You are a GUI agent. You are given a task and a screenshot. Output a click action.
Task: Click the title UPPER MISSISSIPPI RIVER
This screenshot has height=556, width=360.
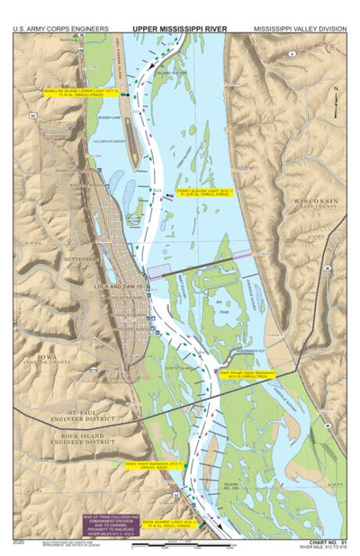pyautogui.click(x=179, y=29)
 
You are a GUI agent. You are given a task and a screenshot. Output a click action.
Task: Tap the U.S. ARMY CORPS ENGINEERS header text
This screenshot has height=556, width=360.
pyautogui.click(x=55, y=29)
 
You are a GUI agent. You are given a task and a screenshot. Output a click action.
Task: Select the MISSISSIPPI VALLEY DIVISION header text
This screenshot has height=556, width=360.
pyautogui.click(x=300, y=29)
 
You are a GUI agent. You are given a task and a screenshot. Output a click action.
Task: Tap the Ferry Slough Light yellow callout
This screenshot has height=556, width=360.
pyautogui.click(x=204, y=193)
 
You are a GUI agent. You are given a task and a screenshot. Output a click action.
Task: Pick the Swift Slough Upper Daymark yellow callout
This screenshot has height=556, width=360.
pyautogui.click(x=246, y=372)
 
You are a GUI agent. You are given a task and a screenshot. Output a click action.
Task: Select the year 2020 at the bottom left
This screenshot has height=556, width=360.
pyautogui.click(x=20, y=543)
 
